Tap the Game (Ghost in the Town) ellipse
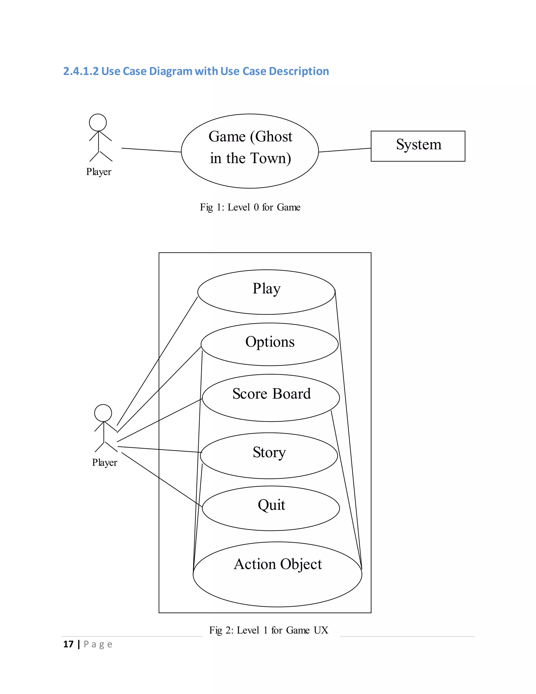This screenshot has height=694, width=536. tap(250, 151)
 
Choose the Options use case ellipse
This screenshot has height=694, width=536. tap(270, 344)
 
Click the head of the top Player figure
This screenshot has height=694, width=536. tap(98, 122)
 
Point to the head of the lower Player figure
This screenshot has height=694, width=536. tap(103, 413)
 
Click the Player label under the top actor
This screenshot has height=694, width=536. tap(99, 172)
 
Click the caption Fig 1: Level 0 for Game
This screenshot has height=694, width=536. tap(250, 207)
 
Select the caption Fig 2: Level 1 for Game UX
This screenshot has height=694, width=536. tap(268, 630)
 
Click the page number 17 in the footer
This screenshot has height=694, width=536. tap(68, 644)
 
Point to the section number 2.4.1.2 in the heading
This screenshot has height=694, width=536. tap(81, 71)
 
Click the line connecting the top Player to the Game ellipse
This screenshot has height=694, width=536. tap(151, 150)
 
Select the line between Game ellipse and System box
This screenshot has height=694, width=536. tap(344, 150)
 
